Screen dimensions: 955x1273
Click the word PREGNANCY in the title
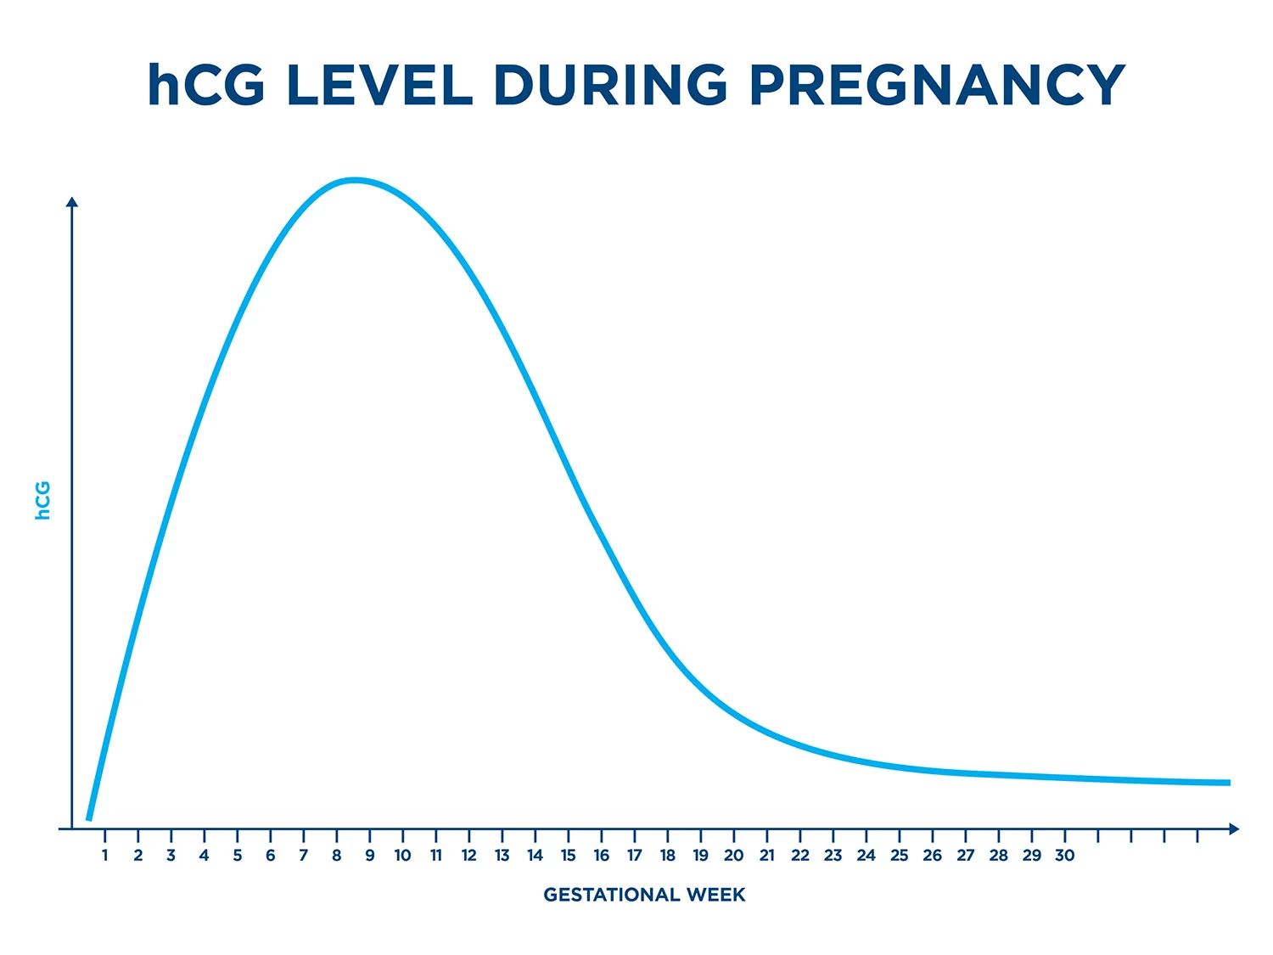937,86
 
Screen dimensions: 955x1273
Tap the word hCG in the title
206,86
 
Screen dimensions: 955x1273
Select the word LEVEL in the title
379,86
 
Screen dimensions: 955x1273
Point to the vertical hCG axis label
43,500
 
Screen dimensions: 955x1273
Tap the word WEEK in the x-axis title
716,895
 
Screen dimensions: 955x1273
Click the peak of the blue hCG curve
354,180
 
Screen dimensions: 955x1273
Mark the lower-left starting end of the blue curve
89,819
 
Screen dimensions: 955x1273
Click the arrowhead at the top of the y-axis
72,202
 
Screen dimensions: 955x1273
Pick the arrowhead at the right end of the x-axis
1234,829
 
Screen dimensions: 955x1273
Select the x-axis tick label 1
105,856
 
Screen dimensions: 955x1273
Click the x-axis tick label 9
370,856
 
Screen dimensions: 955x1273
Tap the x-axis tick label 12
469,856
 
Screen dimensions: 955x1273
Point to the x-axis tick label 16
602,856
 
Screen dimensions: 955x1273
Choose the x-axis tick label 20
733,856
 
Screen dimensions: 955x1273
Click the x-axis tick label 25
899,856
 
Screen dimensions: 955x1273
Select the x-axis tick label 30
1064,856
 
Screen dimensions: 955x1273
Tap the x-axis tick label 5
238,856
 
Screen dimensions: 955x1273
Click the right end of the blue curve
1228,783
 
